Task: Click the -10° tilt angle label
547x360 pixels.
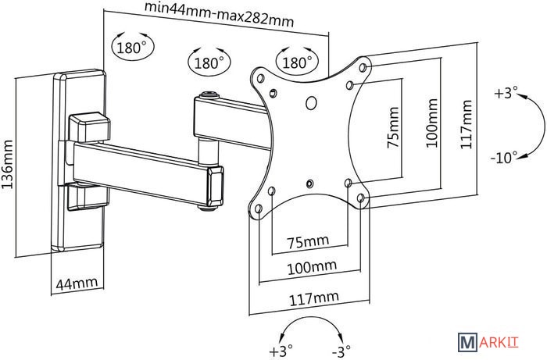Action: (503, 157)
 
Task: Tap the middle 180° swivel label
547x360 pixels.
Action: (209, 62)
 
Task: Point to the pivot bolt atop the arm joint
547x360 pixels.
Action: (209, 97)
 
